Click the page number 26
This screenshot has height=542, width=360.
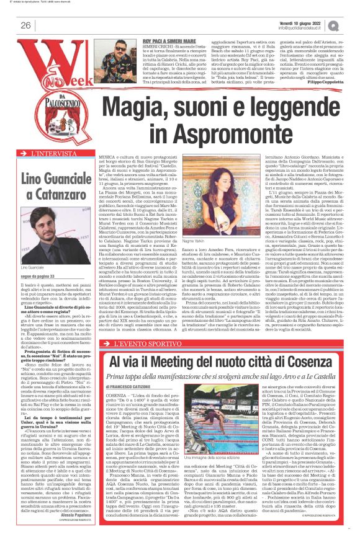(26, 25)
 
